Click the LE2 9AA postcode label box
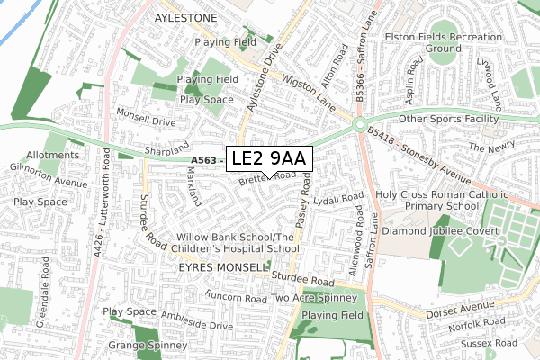click(269, 158)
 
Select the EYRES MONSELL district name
click(223, 267)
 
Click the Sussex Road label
click(492, 343)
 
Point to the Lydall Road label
click(338, 198)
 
